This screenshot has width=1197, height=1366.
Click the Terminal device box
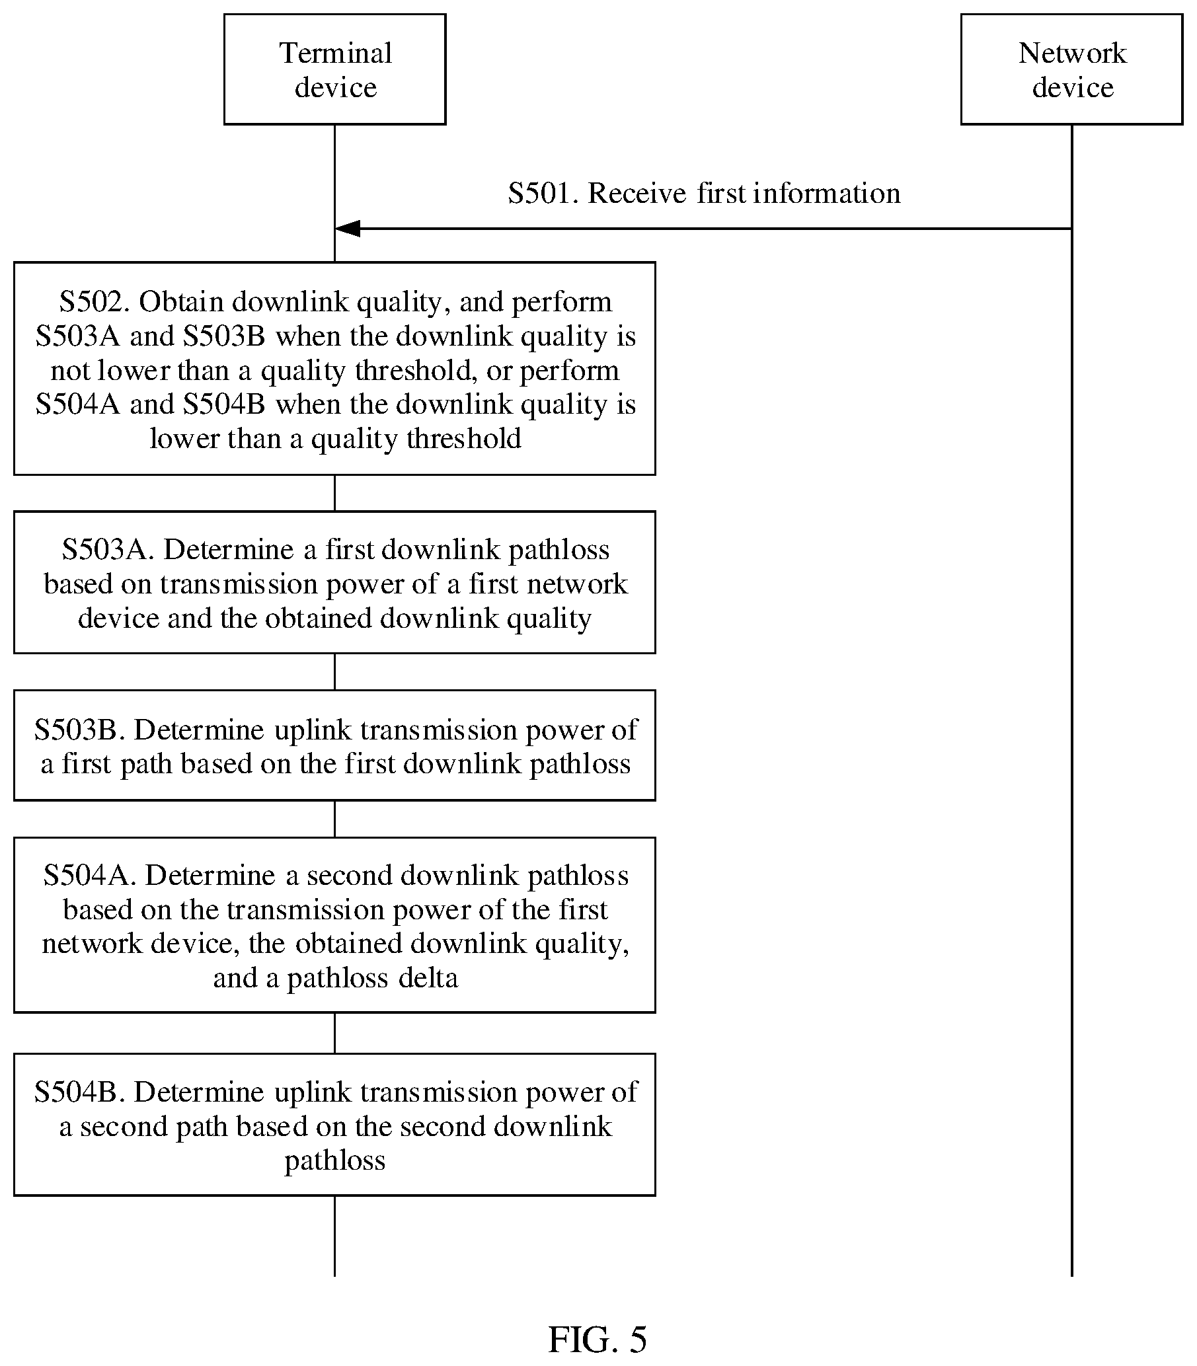tap(334, 69)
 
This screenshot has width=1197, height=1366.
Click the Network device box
tap(1072, 69)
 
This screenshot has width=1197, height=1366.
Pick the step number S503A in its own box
tap(108, 550)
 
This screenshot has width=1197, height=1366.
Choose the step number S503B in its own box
tap(80, 730)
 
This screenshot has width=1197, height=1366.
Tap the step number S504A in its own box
tap(89, 876)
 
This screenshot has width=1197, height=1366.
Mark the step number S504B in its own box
tap(80, 1092)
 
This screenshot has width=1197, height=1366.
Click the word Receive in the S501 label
tap(637, 194)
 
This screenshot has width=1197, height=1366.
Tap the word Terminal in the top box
tap(335, 54)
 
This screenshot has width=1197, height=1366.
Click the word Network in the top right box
tap(1073, 54)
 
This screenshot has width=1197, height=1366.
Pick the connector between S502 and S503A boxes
tap(334, 494)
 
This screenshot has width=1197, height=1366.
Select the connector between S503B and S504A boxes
tap(334, 819)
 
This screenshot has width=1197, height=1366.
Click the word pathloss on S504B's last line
tap(334, 1162)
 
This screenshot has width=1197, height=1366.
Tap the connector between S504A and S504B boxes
tap(334, 1034)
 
